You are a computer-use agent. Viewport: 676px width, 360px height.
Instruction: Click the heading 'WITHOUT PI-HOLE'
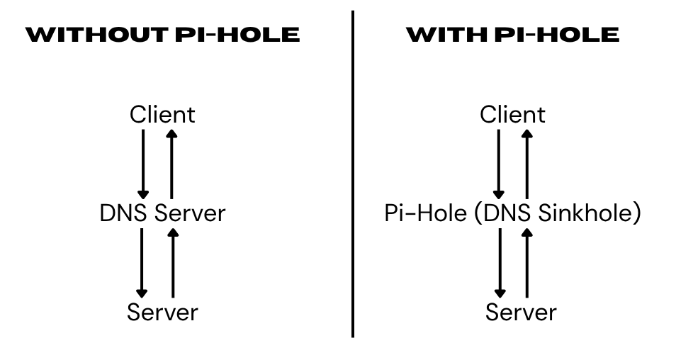pos(162,35)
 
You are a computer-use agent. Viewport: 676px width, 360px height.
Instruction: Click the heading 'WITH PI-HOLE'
pos(512,35)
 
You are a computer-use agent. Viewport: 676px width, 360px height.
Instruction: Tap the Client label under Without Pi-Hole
pos(162,114)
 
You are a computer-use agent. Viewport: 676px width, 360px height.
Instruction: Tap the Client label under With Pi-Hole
pos(512,114)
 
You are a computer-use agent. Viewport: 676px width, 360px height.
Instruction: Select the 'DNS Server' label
pos(162,213)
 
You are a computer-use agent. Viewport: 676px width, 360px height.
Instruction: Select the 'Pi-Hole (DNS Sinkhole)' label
pos(512,213)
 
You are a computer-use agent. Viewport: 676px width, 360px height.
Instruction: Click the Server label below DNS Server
pos(162,311)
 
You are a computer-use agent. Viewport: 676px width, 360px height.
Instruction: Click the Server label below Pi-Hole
pos(521,311)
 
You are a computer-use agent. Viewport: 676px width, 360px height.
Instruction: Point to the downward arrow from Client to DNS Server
pos(143,163)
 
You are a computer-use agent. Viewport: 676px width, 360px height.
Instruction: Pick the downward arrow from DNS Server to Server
pos(142,262)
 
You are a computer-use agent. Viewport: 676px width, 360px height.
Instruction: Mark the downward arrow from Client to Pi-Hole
pos(499,163)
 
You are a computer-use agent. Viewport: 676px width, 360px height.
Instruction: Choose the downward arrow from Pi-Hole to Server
pos(500,262)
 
